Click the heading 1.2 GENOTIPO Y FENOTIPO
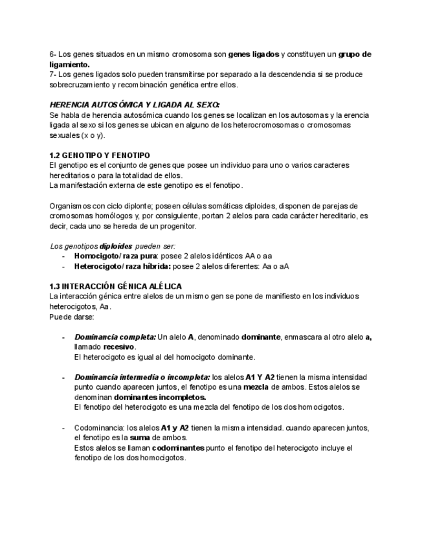tap(100, 155)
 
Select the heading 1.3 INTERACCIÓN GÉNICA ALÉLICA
tap(116, 286)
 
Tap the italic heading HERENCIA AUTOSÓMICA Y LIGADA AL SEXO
tap(135, 105)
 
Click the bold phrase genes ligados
tap(254, 54)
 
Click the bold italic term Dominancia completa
tap(115, 337)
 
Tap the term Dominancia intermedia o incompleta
tap(142, 377)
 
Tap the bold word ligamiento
tap(69, 65)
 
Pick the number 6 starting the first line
tap(52, 54)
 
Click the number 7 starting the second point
tap(52, 74)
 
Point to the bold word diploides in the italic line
tap(116, 246)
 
